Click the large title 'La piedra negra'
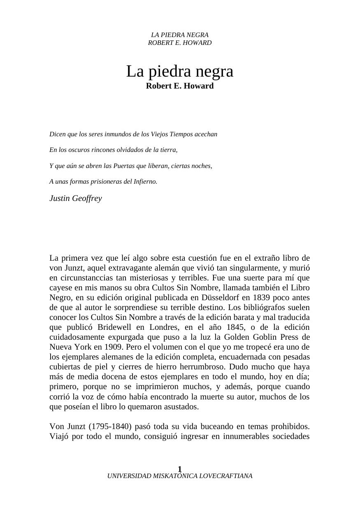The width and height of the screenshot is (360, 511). coord(179,72)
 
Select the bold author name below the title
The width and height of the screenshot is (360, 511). coord(179,86)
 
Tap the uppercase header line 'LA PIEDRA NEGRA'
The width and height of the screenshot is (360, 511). coord(179,35)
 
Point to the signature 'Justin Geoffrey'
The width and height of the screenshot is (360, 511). coord(76,198)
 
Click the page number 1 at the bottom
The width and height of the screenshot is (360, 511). coord(180,469)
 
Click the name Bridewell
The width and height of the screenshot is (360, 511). coord(115,327)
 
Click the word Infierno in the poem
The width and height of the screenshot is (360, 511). coord(145,182)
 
